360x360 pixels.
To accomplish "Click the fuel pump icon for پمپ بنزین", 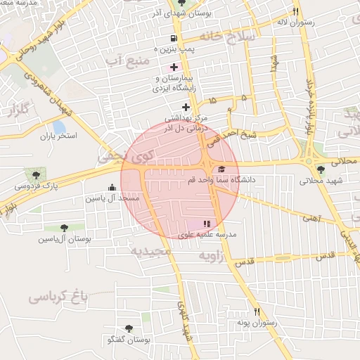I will pos(173,38).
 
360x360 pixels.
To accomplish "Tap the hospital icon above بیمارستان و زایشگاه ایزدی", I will pos(174,67).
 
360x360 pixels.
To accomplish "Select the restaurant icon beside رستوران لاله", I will pos(295,11).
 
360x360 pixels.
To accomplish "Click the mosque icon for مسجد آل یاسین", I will pos(112,187).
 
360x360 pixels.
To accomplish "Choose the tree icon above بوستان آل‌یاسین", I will pos(64,228).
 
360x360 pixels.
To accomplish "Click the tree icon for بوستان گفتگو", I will pos(129,328).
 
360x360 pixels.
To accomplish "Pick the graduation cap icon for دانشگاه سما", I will pos(222,169).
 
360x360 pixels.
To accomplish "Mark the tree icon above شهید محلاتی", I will pos(321,169).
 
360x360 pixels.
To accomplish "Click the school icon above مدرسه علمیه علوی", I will pos(207,223).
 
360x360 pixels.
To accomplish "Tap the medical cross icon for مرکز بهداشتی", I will pos(186,107).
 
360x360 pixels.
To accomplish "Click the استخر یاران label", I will pos(58,134).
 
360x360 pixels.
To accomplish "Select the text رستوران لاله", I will pos(315,22).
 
